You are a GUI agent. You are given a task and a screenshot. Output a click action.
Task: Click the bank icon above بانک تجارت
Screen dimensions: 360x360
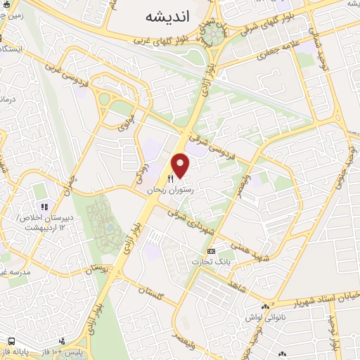(x=212, y=251)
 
